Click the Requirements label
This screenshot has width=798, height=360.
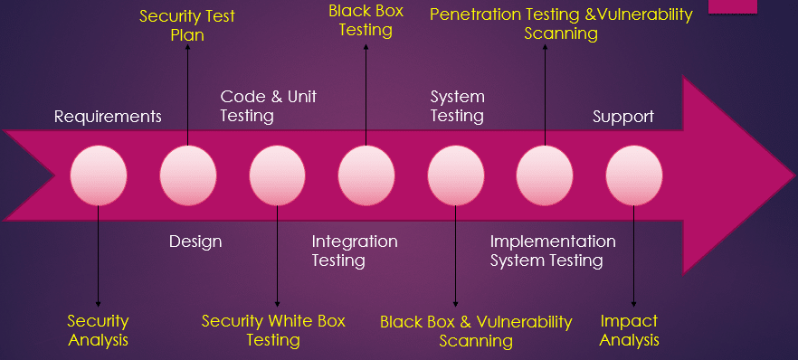pos(108,117)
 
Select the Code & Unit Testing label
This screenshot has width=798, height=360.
pos(269,106)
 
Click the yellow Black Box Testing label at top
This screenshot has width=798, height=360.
pos(366,20)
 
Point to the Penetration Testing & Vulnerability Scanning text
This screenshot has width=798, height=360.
pos(561,24)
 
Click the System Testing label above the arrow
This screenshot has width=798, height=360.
pos(457,106)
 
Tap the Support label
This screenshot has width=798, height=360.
pos(623,117)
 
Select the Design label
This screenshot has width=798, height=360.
pos(195,242)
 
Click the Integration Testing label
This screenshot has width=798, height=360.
pos(355,251)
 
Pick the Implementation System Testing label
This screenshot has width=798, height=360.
pos(553,251)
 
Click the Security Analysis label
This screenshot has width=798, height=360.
pos(98,330)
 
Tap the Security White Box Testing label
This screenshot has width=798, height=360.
pos(273,330)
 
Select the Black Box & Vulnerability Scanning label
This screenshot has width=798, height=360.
pos(476,331)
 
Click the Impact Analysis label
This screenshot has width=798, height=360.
pos(630,330)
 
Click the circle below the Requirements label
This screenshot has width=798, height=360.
pos(99,175)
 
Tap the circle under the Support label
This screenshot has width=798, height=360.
pos(634,175)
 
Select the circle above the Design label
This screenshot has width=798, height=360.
pos(188,175)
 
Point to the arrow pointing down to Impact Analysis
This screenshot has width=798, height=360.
pos(633,258)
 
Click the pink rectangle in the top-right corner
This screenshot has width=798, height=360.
pos(759,5)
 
